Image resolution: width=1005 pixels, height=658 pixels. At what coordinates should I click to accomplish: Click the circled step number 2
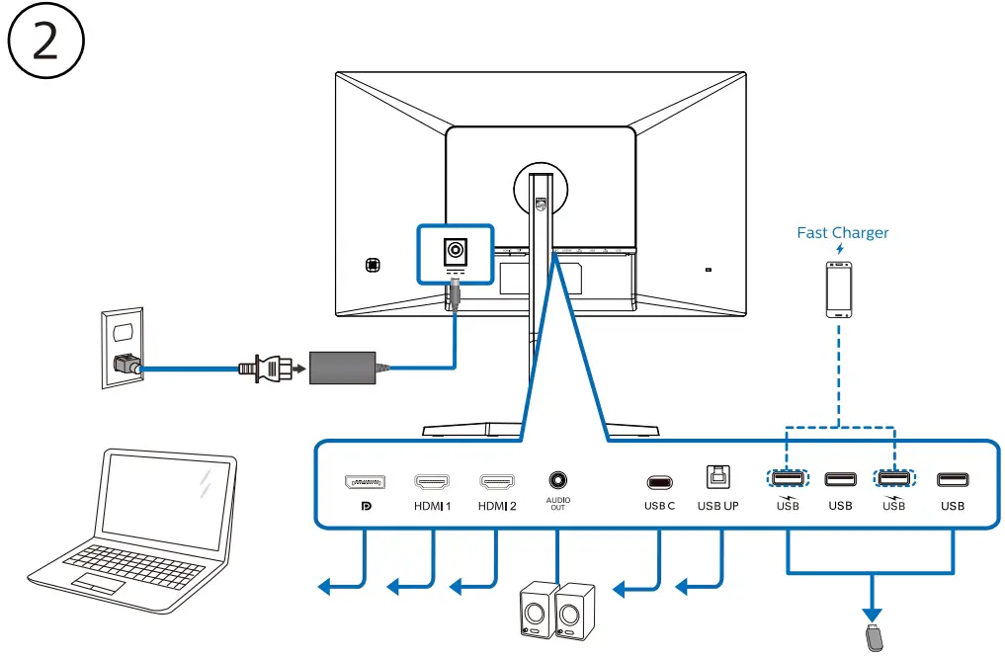(46, 41)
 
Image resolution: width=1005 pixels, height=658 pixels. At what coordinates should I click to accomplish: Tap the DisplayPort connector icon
(365, 482)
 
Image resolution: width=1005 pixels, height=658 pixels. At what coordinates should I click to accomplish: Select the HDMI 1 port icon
(432, 481)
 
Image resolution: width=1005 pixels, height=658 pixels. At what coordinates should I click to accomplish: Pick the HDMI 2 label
(497, 506)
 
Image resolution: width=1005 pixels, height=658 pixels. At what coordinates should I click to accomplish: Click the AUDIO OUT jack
(557, 480)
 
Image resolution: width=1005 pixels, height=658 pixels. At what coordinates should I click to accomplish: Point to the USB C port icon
(659, 482)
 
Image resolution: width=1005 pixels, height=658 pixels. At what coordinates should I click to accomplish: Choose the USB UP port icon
(717, 477)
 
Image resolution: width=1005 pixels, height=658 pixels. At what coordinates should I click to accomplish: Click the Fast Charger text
(842, 232)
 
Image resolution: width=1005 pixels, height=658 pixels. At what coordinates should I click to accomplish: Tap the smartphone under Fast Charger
(839, 289)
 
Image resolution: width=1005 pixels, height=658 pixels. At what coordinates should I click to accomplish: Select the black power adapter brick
(342, 368)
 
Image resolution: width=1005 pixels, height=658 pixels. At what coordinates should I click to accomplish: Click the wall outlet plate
(123, 348)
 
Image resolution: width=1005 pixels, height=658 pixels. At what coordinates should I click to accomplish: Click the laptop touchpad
(98, 583)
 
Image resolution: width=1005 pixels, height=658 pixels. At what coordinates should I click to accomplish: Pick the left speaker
(539, 610)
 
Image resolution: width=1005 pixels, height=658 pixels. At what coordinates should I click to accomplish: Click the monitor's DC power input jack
(456, 250)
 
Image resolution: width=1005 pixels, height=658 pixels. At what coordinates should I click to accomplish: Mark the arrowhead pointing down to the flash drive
(872, 616)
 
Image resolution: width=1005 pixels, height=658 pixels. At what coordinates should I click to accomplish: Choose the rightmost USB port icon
(953, 480)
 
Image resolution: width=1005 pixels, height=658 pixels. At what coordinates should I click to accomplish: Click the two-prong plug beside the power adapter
(265, 369)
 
